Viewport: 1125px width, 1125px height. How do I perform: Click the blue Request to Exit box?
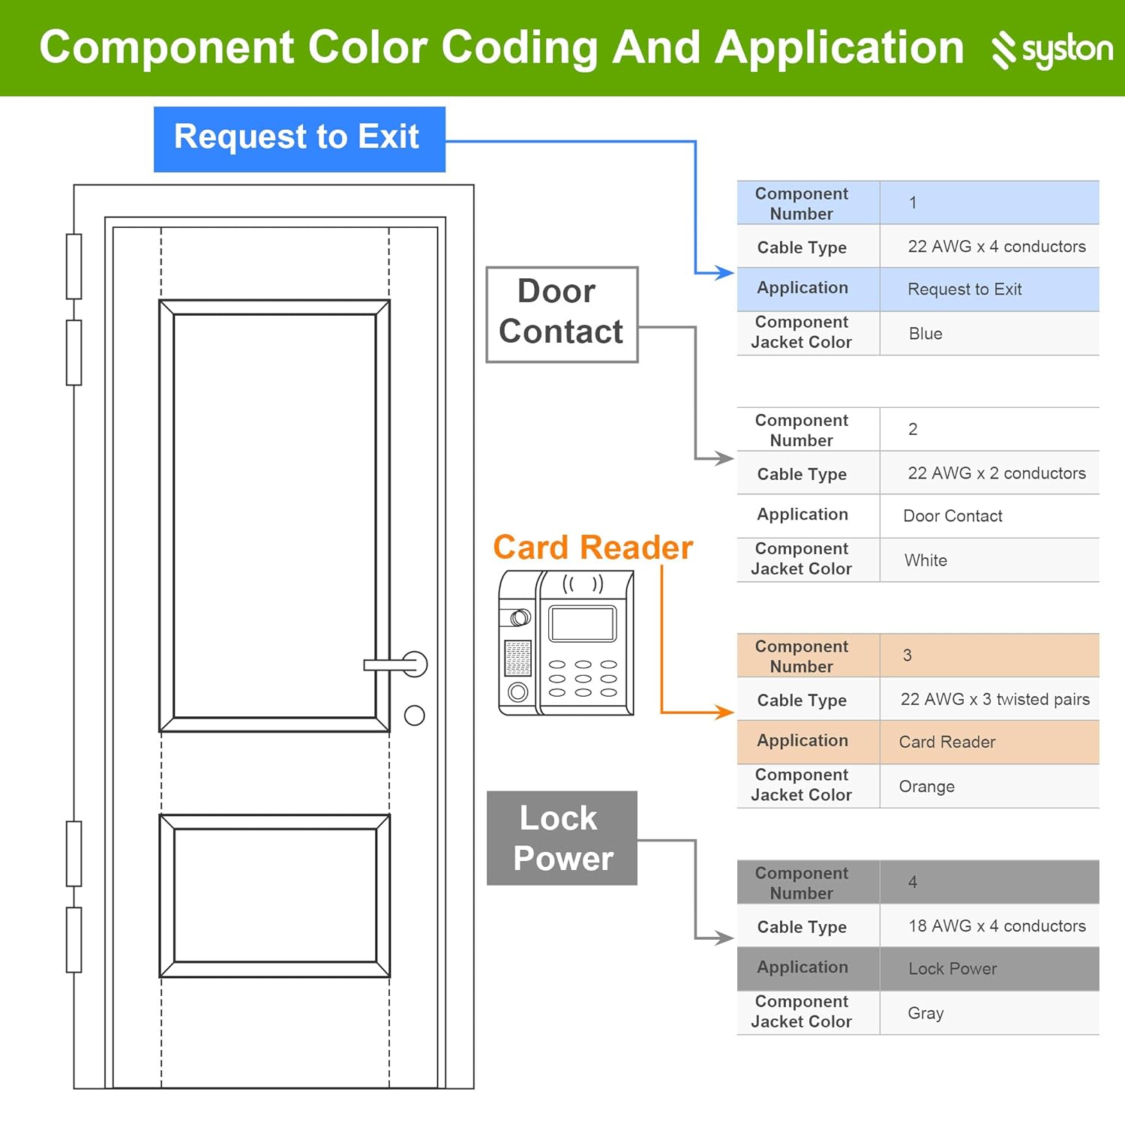298,139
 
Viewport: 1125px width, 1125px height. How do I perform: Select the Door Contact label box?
561,313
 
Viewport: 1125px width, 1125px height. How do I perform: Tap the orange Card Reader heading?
592,547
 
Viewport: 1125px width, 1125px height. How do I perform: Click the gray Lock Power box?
562,838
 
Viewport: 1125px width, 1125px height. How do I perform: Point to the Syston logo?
1051,49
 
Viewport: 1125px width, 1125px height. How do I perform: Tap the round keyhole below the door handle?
414,715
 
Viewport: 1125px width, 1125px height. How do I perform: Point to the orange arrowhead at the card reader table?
724,712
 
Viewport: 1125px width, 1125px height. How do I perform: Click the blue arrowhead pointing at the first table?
724,273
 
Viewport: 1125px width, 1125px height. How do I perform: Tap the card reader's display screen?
583,623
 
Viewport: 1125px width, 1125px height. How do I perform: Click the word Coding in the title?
521,48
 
